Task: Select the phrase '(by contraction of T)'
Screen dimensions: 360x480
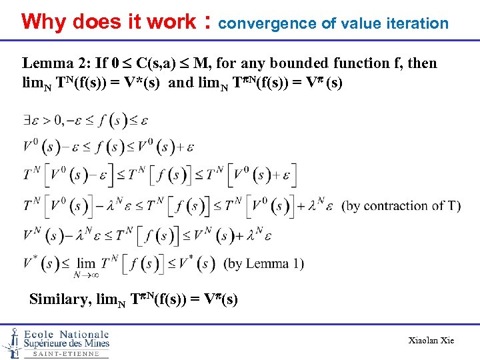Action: point(401,205)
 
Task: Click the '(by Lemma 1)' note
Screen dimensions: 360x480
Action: point(263,263)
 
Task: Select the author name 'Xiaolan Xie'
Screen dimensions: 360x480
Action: point(431,341)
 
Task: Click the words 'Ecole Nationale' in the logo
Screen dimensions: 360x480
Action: point(66,334)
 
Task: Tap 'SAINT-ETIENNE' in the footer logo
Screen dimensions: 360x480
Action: point(66,354)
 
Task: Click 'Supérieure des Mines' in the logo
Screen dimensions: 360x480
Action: point(66,344)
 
